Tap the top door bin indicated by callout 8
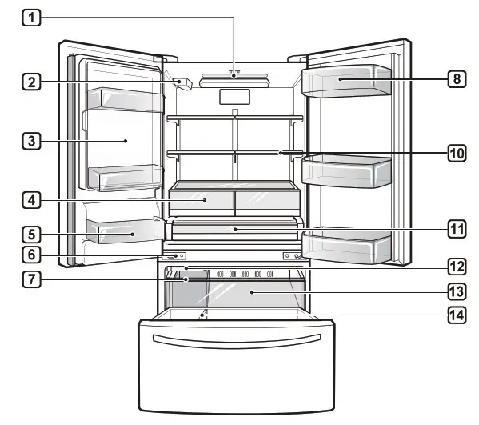coord(346,81)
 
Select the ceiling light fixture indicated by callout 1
coord(234,77)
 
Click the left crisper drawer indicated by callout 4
coord(200,199)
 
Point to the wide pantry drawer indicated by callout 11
coord(234,230)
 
